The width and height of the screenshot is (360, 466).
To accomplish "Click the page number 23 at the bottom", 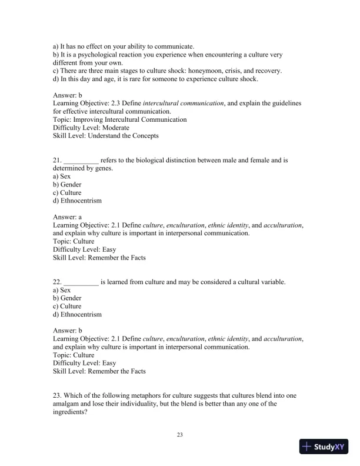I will [180, 435].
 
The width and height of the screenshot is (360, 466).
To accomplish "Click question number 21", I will [57, 160].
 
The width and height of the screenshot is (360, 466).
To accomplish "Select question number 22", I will [57, 282].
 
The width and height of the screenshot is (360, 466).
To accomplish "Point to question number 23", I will [57, 395].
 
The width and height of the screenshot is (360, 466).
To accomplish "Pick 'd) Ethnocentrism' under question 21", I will [77, 201].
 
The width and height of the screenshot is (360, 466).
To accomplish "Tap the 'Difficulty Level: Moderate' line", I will [91, 128].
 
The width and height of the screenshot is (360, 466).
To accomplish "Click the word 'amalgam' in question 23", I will [66, 404].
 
